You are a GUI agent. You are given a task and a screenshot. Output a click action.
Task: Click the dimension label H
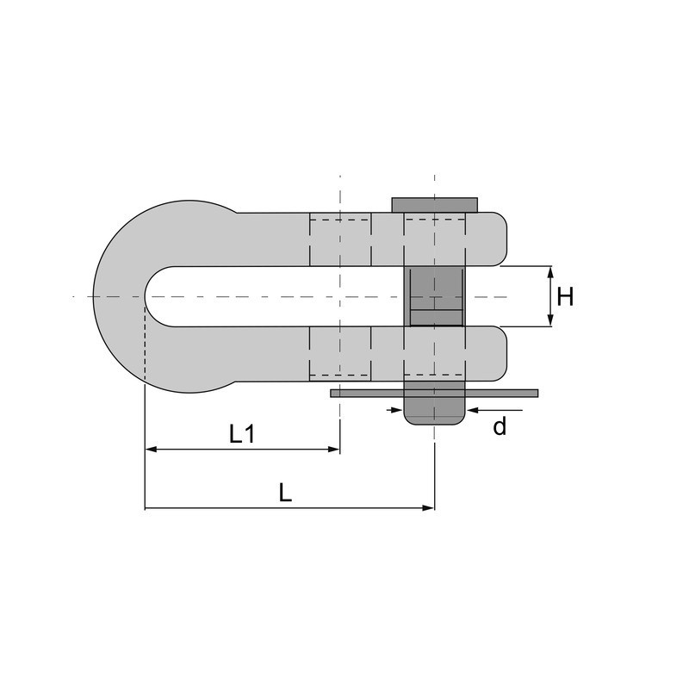point(565,297)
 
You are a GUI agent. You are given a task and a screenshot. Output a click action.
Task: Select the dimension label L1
point(242,435)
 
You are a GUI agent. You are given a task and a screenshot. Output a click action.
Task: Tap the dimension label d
point(500,426)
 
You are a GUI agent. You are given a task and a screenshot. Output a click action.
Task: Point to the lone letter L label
point(286,493)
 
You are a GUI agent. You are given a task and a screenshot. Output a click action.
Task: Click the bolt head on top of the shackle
point(435,205)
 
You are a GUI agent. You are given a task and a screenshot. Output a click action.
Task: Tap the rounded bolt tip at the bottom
point(435,414)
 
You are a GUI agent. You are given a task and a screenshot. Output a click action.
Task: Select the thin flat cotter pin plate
point(434,393)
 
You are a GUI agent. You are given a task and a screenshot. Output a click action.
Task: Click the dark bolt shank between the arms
point(435,296)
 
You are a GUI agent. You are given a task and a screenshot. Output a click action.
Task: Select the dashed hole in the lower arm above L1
point(340,353)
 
